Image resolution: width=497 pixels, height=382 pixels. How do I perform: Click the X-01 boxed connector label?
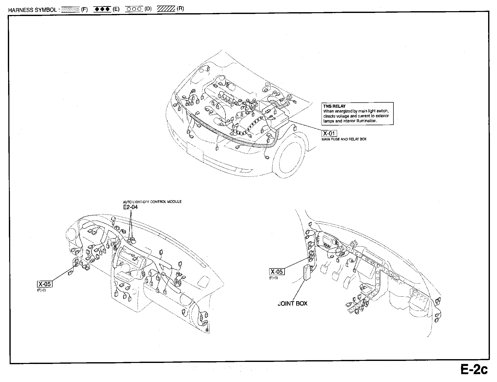(329, 133)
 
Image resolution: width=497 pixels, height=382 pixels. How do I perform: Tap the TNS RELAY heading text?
(334, 106)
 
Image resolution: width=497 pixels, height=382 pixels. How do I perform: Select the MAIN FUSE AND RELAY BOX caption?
(344, 139)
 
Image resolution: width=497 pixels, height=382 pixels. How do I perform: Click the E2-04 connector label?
(130, 207)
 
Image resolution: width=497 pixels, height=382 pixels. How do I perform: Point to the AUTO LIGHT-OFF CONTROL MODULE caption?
(152, 202)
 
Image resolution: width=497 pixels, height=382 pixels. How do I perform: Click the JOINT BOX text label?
(292, 304)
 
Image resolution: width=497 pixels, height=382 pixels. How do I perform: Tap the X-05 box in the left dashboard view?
(45, 284)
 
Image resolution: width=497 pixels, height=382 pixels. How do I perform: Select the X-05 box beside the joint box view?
(277, 272)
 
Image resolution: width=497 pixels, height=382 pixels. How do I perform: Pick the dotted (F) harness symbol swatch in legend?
(71, 10)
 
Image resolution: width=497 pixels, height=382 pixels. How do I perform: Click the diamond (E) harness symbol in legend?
(102, 9)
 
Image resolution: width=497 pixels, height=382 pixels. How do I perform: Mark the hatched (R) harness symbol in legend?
(166, 9)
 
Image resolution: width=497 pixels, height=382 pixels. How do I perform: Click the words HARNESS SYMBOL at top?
(32, 10)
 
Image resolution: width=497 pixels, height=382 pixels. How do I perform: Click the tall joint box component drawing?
(308, 272)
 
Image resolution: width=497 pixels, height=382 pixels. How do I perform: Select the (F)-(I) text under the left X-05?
(41, 290)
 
